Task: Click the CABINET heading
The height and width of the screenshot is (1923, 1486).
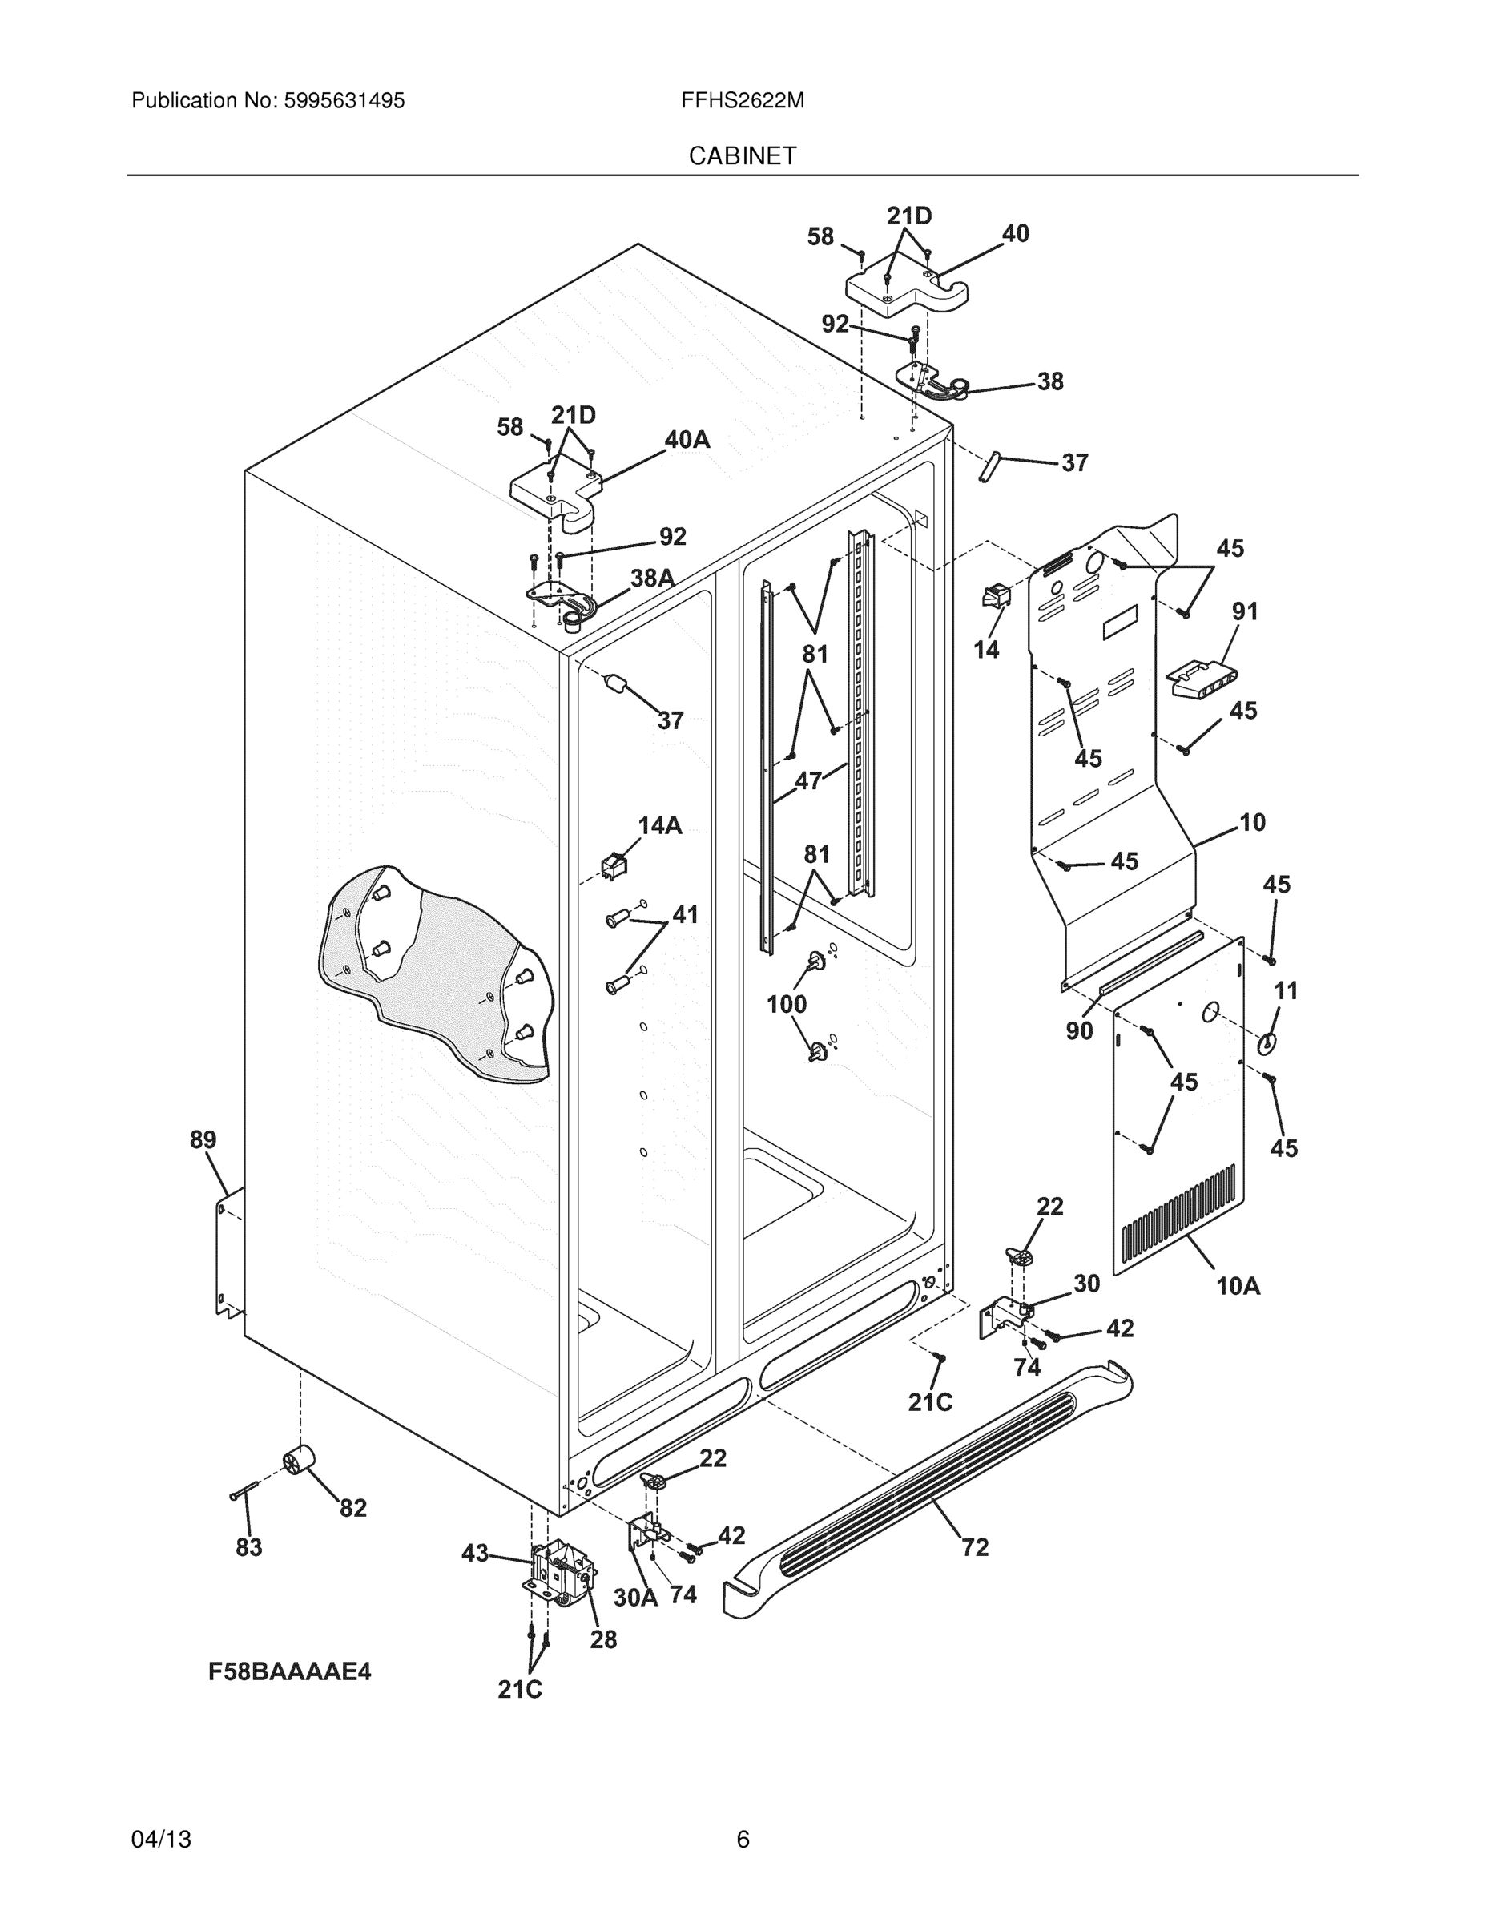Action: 742,156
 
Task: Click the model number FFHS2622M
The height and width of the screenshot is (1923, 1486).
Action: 742,100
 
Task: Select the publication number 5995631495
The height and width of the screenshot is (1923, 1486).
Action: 344,100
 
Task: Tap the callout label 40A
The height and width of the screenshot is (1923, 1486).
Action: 687,439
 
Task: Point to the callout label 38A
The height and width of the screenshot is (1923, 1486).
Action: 652,578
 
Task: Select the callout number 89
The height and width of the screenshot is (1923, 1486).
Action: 203,1139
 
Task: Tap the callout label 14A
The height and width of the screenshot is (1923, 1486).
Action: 659,825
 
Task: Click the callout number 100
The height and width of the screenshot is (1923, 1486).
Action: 786,1004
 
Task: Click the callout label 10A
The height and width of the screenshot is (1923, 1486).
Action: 1238,1286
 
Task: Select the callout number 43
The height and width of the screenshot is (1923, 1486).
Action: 474,1554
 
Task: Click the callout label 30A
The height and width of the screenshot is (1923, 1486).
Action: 635,1597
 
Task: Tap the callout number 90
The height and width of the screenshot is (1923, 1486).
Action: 1079,1030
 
